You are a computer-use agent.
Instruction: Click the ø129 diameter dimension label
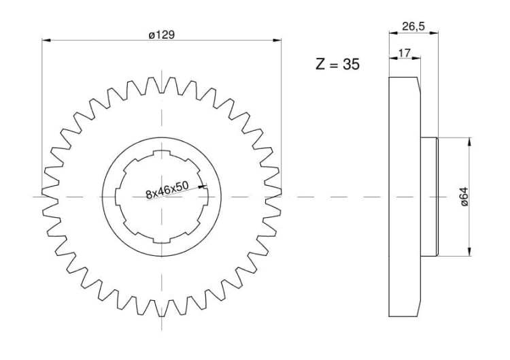pos(162,35)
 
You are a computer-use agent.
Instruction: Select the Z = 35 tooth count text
pos(337,64)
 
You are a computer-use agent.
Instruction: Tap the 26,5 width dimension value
pos(413,27)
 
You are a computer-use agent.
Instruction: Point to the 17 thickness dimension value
pos(405,52)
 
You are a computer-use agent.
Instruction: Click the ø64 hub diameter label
pos(464,196)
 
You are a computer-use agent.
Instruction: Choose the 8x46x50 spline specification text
pos(167,190)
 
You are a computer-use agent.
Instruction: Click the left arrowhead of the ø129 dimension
pos(46,40)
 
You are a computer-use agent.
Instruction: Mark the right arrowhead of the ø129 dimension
pos(277,40)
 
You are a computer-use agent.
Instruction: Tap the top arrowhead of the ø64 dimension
pos(469,142)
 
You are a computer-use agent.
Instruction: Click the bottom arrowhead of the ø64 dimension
pos(469,251)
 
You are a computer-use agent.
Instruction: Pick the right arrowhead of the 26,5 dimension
pos(434,32)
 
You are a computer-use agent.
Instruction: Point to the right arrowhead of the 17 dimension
pos(416,59)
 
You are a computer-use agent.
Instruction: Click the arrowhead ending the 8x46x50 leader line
pos(203,187)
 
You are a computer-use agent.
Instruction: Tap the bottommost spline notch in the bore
pos(162,240)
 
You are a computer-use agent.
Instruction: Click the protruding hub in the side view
pos(430,197)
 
